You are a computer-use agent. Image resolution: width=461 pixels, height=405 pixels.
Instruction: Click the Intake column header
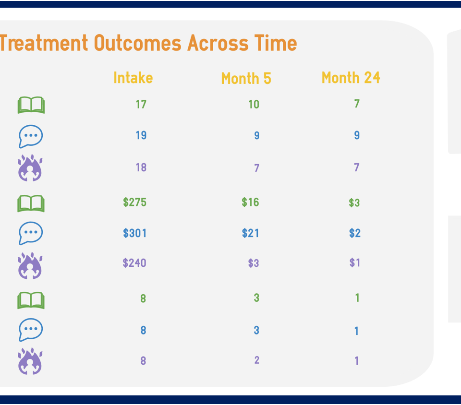click(133, 78)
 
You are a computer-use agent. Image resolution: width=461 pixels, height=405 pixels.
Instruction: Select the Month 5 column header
click(246, 78)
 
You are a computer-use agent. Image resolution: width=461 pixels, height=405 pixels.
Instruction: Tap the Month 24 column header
click(351, 78)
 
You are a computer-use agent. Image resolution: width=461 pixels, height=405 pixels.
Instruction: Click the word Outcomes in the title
click(138, 43)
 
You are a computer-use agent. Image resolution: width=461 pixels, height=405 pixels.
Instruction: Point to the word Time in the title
click(276, 43)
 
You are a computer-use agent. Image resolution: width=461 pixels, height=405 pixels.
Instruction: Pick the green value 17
click(141, 104)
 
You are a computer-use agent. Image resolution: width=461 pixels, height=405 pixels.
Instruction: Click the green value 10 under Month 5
click(254, 104)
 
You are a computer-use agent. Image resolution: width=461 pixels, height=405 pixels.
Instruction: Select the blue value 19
click(141, 135)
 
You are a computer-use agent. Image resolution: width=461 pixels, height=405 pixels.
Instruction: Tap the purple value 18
click(141, 167)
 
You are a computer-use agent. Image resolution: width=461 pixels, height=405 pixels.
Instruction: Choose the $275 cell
click(134, 202)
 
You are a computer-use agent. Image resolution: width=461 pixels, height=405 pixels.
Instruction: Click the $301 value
click(134, 233)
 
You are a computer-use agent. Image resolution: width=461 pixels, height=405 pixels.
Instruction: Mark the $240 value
click(134, 263)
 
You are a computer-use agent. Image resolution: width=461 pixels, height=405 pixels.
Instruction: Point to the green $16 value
click(250, 202)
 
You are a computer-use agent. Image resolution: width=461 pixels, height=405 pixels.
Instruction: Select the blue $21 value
click(250, 233)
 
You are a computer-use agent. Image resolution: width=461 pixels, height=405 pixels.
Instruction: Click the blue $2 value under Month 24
click(355, 233)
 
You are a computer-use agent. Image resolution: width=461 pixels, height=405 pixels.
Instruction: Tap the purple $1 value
click(355, 262)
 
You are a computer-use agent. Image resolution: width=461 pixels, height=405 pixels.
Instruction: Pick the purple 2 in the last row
click(257, 360)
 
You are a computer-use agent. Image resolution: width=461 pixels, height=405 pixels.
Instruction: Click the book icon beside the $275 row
click(31, 203)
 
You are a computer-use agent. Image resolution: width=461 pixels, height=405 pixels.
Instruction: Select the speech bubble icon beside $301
click(31, 233)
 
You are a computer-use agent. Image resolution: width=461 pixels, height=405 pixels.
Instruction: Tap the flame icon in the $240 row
click(30, 266)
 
